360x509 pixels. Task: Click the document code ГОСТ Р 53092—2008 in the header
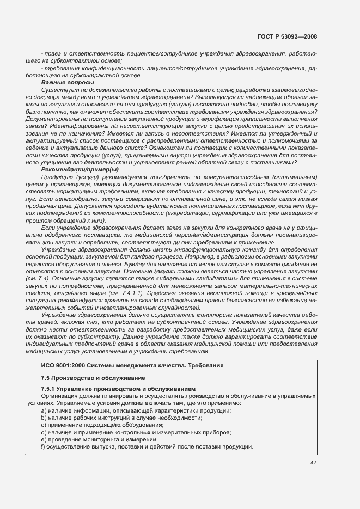click(288, 36)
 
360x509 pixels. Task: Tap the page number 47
click(314, 462)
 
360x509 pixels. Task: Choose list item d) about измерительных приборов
click(136, 432)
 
